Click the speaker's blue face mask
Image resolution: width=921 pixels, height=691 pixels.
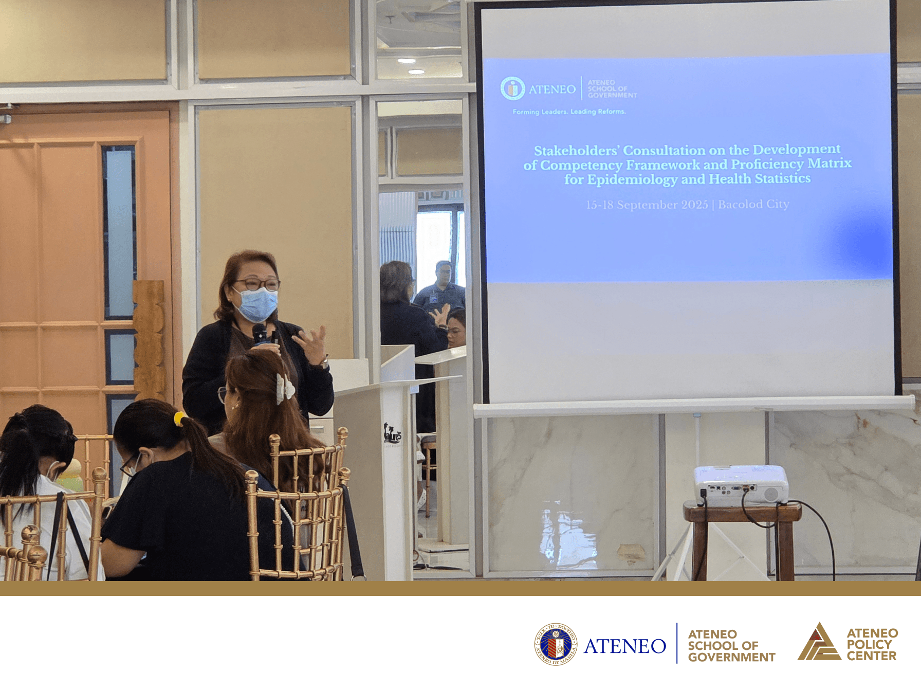click(255, 304)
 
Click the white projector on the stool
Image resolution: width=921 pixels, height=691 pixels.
click(741, 485)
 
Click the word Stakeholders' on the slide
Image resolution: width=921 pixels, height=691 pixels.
click(575, 151)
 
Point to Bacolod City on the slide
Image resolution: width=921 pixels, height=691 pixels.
click(753, 204)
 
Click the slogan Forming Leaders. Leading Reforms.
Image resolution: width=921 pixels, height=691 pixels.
click(569, 112)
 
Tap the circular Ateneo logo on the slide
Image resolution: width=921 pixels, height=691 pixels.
click(512, 88)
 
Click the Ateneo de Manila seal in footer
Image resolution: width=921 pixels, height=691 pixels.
click(555, 644)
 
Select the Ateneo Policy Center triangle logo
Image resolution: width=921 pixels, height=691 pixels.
click(819, 643)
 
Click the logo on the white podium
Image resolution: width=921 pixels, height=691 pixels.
click(393, 434)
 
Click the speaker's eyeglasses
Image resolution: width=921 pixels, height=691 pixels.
click(257, 284)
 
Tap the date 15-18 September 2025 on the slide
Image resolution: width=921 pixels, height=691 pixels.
click(647, 205)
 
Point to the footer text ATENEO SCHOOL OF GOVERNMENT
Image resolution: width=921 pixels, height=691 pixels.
click(731, 646)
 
